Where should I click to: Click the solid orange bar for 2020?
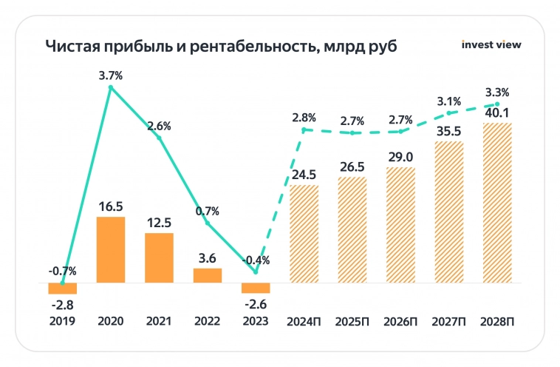111,249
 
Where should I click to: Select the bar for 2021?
159,257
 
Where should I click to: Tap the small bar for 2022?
208,275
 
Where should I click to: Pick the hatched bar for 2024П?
304,234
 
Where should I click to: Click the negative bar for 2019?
63,289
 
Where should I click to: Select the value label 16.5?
111,203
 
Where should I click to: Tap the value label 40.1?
497,112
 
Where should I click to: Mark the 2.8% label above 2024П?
304,117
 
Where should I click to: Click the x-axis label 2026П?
400,322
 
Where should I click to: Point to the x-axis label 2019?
63,322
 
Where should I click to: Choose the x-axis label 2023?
256,322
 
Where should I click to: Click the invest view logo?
491,44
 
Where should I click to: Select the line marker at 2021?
159,138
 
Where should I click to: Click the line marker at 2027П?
449,113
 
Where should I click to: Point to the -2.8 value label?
63,305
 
